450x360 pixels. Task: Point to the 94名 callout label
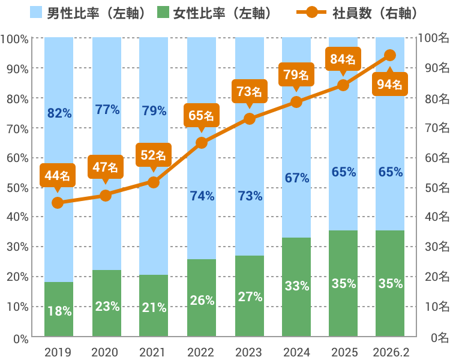tap(389, 84)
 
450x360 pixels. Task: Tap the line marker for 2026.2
tap(389, 55)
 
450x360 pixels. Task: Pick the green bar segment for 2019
tap(58, 309)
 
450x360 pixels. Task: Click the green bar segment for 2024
tap(296, 287)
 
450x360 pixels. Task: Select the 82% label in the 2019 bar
tap(59, 113)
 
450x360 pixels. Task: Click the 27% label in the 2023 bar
tap(250, 296)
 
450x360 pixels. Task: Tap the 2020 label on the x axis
tap(106, 352)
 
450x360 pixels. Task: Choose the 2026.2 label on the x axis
tap(390, 352)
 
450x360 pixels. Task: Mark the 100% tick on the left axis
tap(14, 39)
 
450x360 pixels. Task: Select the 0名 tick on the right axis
tap(439, 338)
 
